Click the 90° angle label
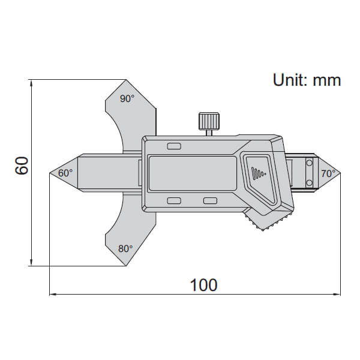pos(127,99)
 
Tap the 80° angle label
pos(125,248)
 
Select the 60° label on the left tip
pos(65,173)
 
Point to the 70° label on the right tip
pos(328,173)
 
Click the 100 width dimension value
pos(203,284)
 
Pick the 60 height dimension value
pos(22,165)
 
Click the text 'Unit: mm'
pos(307,80)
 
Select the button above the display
pos(174,146)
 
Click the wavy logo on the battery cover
pos(258,173)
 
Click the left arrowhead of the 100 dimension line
pos(52,295)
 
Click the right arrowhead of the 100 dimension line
pos(337,295)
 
